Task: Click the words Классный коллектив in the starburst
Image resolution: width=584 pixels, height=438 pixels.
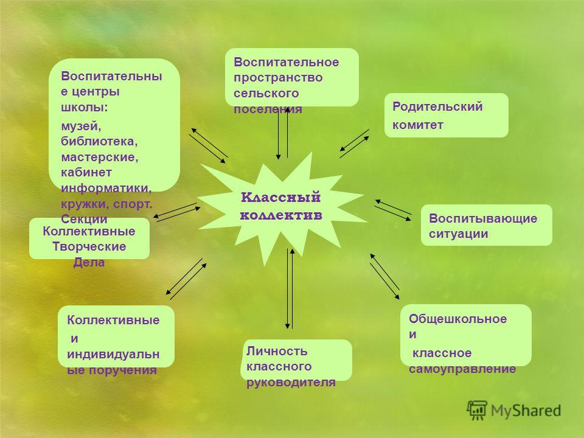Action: pos(281,206)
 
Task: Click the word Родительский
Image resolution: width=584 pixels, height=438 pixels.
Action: pos(437,107)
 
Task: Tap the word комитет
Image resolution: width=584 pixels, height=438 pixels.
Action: pos(417,125)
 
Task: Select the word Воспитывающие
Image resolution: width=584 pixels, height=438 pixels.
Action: pos(483,218)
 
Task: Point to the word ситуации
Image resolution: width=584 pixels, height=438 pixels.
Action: pos(458,234)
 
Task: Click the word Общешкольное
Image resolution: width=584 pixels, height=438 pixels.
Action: pos(457,319)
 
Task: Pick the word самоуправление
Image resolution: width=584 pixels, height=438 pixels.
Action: pos(462,369)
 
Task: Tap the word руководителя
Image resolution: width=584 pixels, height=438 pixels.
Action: pos(291,383)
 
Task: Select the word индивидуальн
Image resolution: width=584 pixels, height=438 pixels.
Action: pos(113,354)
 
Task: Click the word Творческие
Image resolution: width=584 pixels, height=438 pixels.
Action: pos(89,246)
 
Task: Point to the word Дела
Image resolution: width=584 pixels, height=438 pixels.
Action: pos(89,263)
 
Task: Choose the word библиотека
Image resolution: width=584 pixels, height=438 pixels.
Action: pos(99,142)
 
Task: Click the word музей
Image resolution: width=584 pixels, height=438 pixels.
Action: pos(81,127)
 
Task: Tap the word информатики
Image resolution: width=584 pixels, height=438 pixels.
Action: pos(106,188)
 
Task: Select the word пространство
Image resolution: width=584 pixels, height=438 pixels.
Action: pos(278,78)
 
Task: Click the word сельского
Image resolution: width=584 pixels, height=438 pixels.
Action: pos(266,93)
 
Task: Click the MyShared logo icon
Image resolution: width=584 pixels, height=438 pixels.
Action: pos(477,411)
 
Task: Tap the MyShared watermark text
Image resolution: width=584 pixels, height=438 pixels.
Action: pos(526,411)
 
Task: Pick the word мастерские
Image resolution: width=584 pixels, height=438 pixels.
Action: pos(99,157)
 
